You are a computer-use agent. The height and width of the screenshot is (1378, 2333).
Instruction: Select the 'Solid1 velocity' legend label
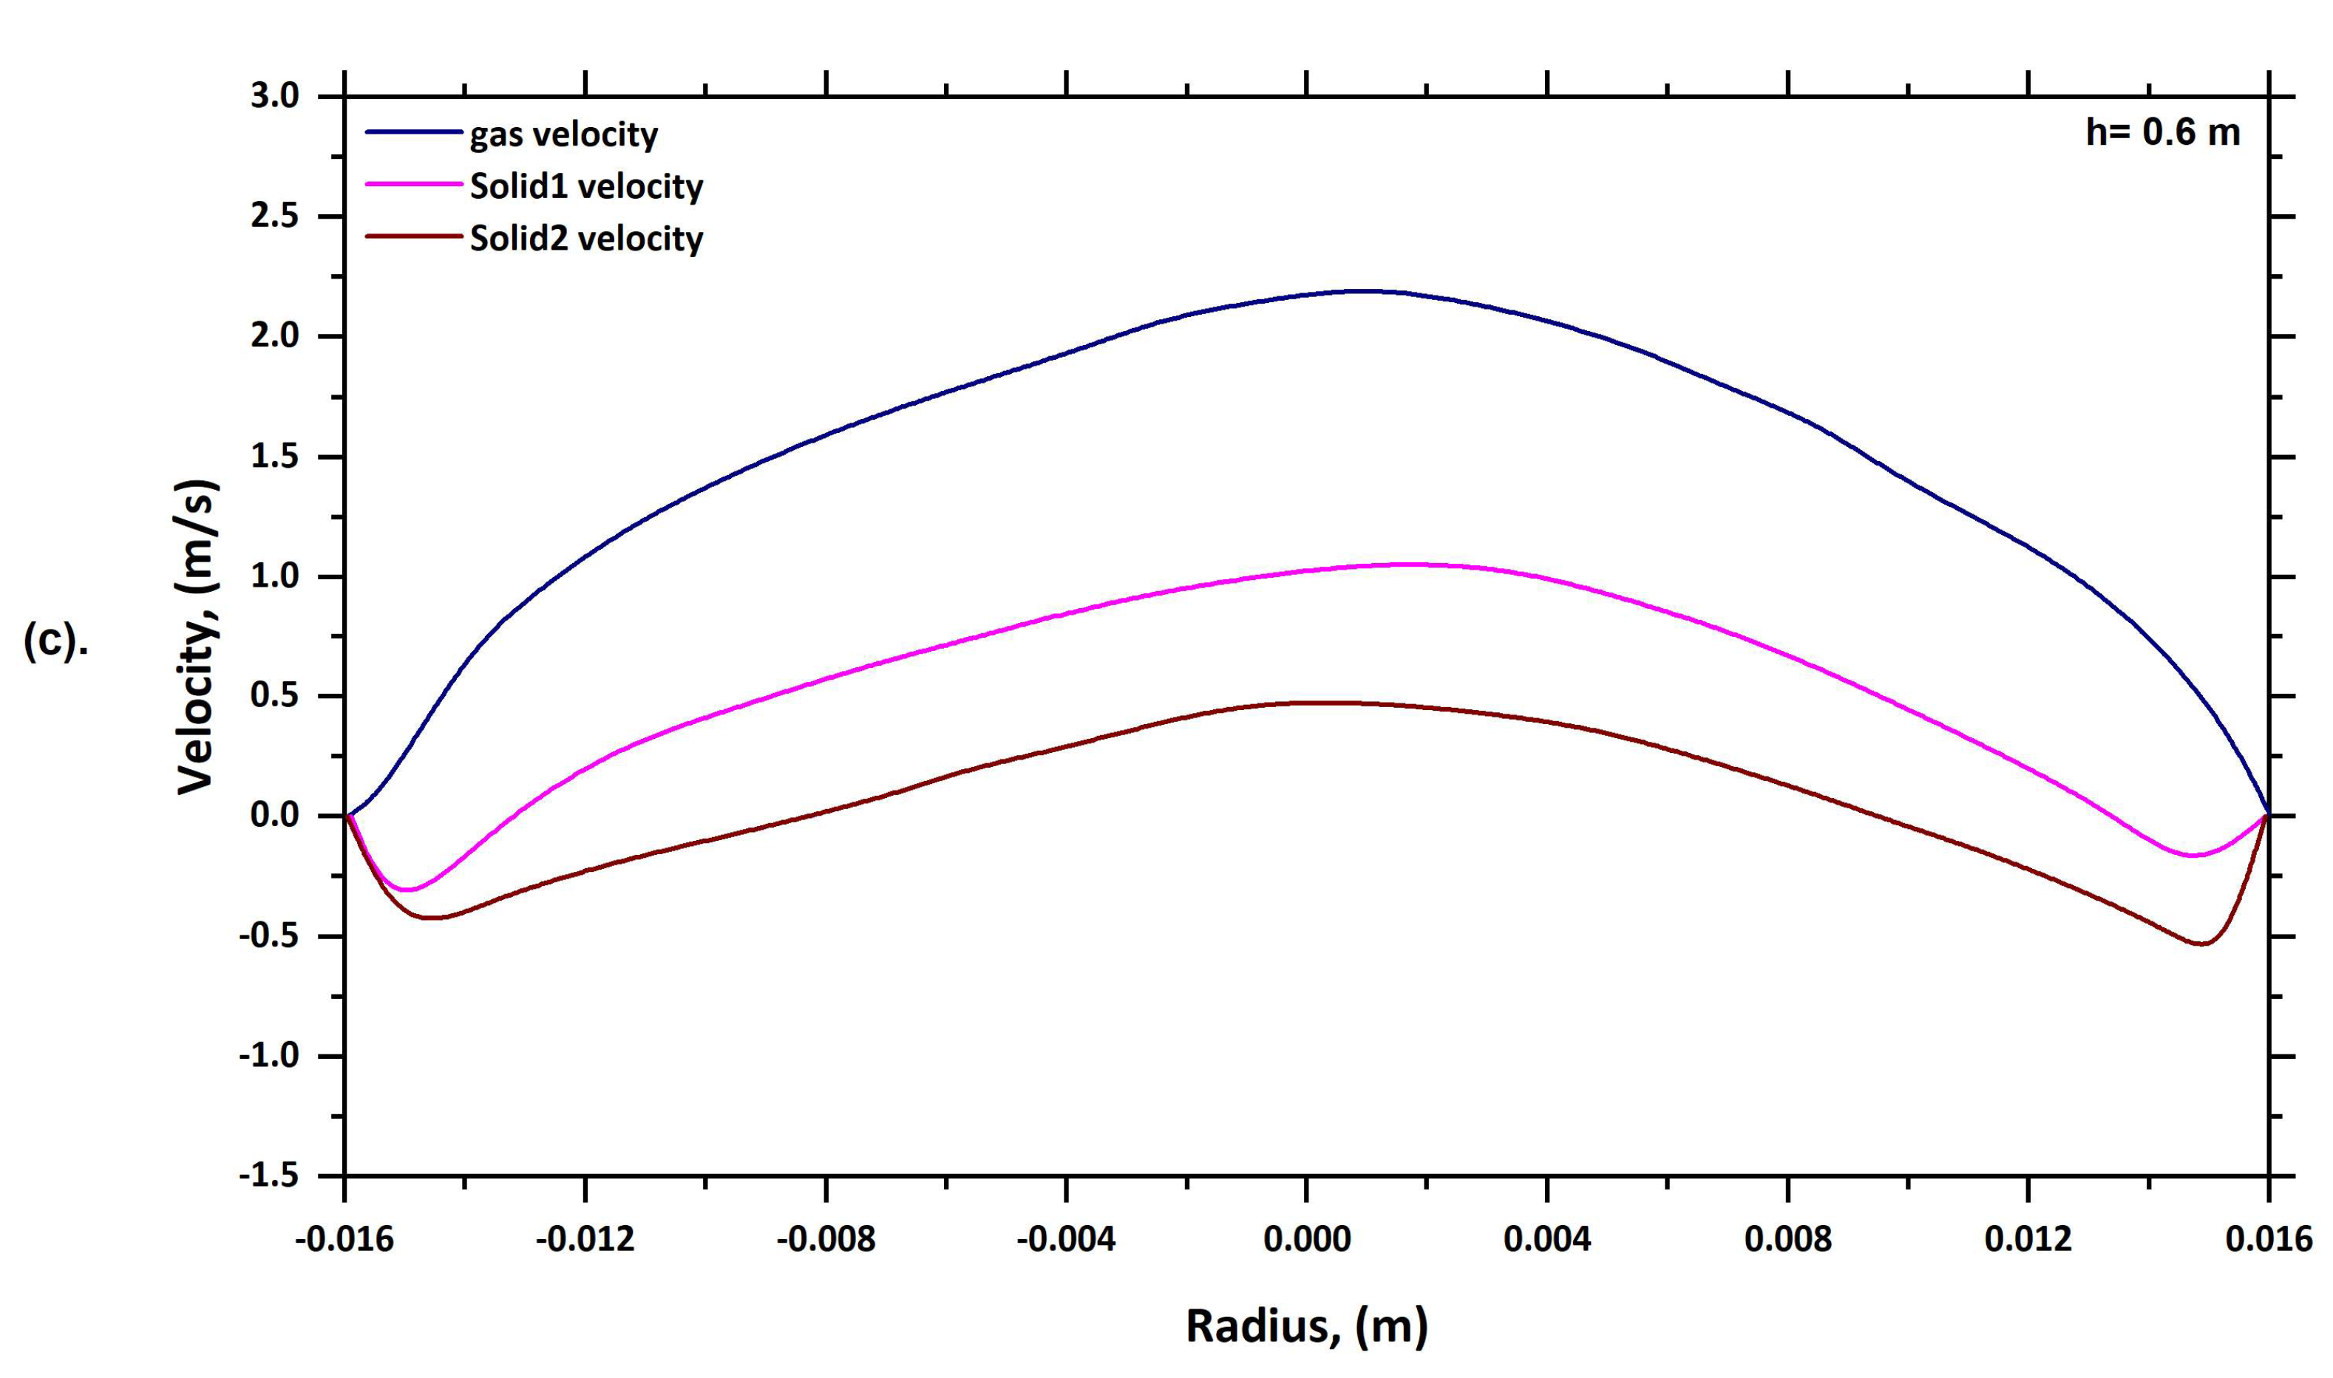click(x=586, y=187)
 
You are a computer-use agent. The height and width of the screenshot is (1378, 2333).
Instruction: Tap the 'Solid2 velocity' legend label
click(x=586, y=239)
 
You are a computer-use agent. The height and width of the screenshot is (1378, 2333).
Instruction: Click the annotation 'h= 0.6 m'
click(x=2163, y=133)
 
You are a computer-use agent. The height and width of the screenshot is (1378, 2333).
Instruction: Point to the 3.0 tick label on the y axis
click(x=275, y=97)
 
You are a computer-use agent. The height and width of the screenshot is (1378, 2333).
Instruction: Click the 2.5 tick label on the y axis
click(x=275, y=216)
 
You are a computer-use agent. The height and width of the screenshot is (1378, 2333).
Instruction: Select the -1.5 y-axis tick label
click(x=269, y=1176)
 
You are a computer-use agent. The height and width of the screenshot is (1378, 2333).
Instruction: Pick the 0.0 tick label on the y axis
click(x=275, y=816)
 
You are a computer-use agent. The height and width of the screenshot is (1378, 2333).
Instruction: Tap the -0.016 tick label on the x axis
click(x=344, y=1238)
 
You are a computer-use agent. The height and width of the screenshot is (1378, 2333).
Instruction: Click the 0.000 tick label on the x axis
click(x=1307, y=1238)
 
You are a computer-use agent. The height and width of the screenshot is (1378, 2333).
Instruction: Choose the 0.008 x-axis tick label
click(x=1788, y=1238)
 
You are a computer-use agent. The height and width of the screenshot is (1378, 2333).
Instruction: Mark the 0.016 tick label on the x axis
click(x=2268, y=1238)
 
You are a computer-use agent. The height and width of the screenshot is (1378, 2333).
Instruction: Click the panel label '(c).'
click(x=55, y=641)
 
